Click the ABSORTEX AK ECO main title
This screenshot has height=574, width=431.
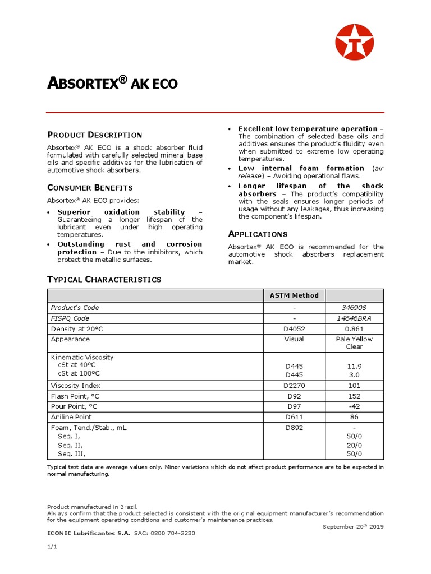click(112, 84)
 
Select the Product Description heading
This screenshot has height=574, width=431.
click(94, 135)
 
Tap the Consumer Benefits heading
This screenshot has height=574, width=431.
click(90, 187)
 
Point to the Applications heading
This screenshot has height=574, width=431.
click(258, 234)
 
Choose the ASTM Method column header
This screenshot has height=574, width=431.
click(295, 295)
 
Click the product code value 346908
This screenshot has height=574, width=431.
click(355, 307)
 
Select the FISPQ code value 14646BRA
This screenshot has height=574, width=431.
click(355, 318)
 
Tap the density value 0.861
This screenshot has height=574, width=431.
click(355, 328)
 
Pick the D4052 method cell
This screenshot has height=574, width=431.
click(295, 328)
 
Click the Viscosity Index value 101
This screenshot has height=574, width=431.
click(355, 385)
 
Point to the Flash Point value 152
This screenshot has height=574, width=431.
click(355, 396)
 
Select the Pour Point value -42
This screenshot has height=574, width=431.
click(355, 406)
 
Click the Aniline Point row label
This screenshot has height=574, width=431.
click(71, 416)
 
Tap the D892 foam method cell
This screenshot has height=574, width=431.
click(295, 427)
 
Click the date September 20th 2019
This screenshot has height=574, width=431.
click(353, 527)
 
